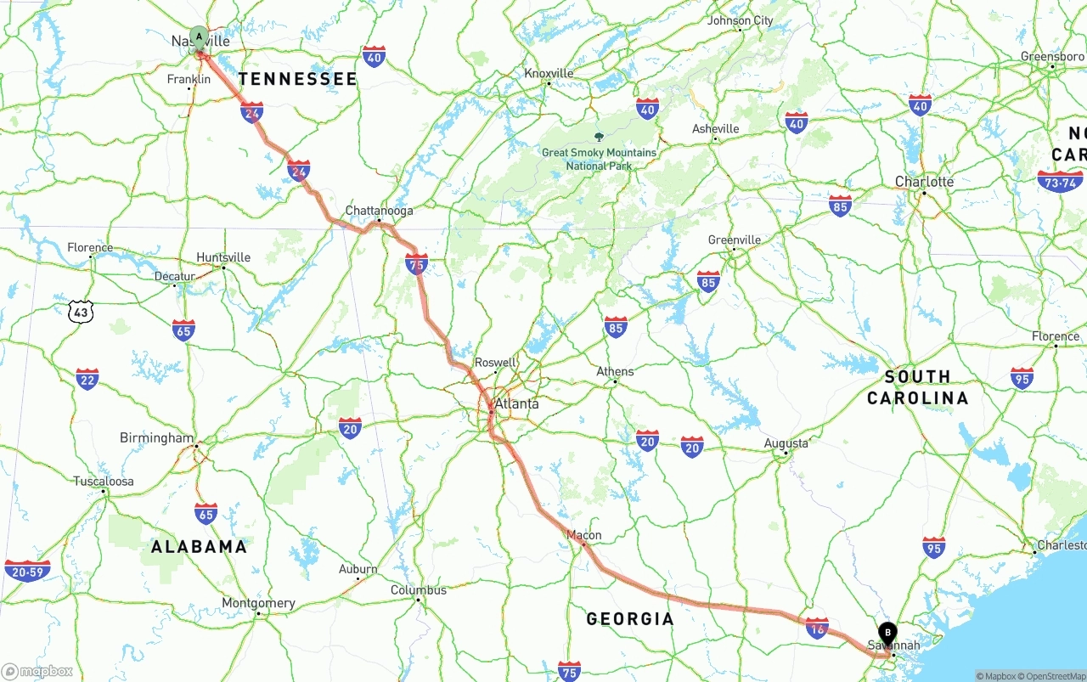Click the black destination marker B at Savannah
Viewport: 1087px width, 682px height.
click(887, 634)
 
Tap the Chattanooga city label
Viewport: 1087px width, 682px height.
click(379, 211)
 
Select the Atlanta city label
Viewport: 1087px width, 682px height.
click(516, 403)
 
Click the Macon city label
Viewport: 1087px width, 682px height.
click(583, 535)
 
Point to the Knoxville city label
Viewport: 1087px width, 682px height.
click(549, 73)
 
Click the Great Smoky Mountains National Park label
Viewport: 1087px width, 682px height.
click(600, 159)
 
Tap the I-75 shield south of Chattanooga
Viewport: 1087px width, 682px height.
click(416, 264)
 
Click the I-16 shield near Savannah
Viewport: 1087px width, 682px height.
click(816, 628)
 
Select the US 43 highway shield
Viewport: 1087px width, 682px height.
click(80, 312)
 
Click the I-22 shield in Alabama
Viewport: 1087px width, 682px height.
click(87, 379)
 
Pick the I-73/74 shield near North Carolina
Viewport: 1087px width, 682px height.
click(1059, 181)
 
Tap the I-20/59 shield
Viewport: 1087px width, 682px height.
click(27, 570)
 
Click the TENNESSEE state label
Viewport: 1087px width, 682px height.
click(297, 79)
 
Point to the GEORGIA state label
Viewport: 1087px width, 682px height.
click(630, 618)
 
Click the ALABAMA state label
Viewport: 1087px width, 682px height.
click(199, 546)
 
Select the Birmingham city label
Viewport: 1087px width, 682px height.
click(156, 438)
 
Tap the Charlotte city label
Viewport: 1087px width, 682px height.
click(924, 182)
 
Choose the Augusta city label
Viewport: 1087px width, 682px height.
click(786, 442)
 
